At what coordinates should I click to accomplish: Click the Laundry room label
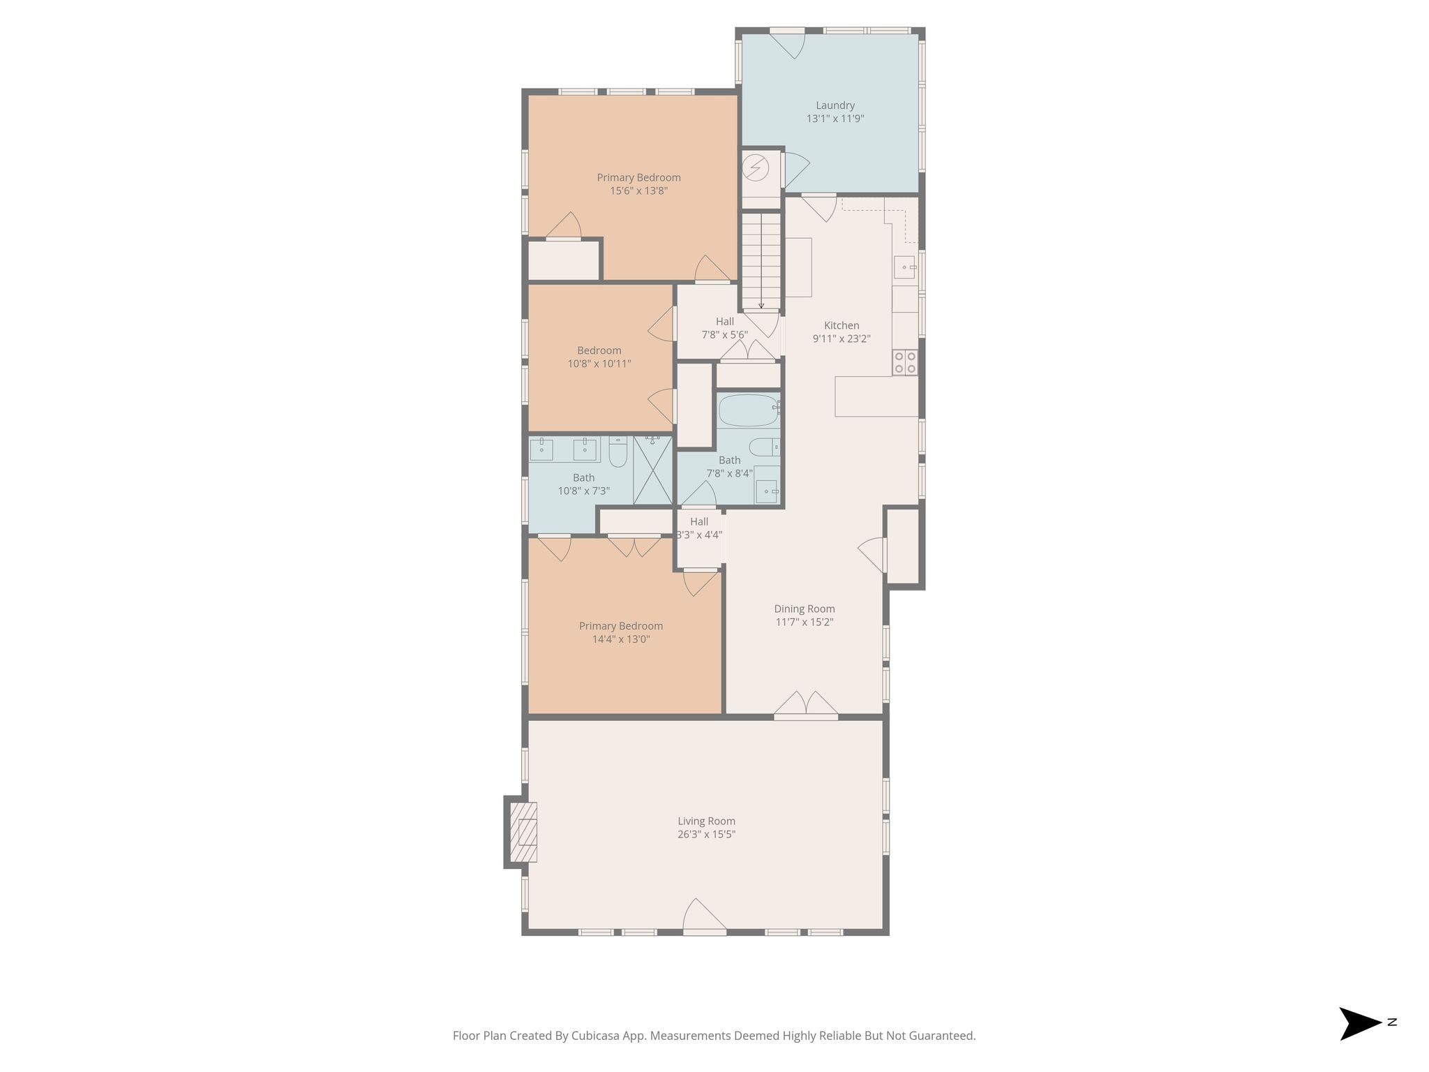(x=835, y=105)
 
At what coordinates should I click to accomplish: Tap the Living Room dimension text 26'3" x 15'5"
(x=706, y=834)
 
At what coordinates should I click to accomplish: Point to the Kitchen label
(x=841, y=325)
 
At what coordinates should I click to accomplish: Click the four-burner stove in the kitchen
(x=905, y=362)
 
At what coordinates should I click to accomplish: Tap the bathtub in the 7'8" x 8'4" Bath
(x=749, y=410)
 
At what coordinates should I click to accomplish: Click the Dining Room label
(x=805, y=609)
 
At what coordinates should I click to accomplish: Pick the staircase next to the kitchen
(x=761, y=261)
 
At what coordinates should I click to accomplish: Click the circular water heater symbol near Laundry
(x=756, y=168)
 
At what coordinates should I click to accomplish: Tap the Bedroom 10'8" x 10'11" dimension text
(x=599, y=363)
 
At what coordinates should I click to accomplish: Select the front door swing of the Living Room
(x=705, y=916)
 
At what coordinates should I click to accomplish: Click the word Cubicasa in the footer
(x=597, y=1036)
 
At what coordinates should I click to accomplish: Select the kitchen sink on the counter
(x=905, y=267)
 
